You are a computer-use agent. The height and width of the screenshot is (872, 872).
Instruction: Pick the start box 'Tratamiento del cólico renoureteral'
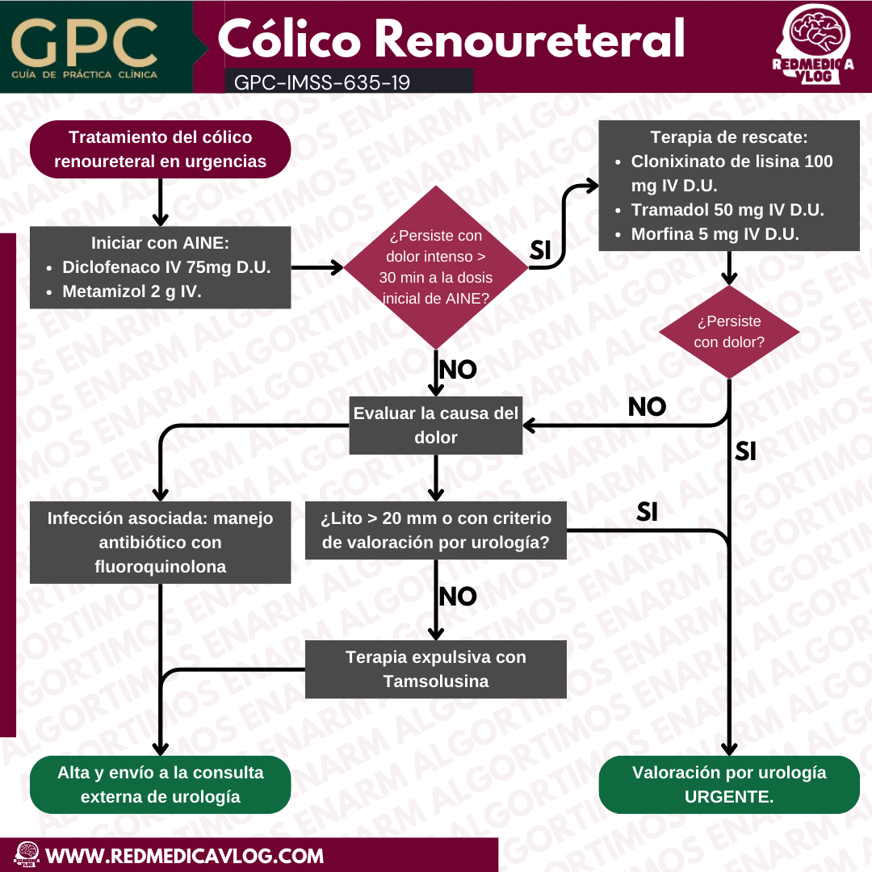(160, 149)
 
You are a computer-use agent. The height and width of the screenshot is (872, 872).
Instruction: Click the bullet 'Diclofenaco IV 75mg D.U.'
(166, 267)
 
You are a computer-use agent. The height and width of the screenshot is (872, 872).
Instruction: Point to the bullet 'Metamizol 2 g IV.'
(132, 291)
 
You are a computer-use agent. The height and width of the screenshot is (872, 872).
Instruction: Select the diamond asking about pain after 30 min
(436, 267)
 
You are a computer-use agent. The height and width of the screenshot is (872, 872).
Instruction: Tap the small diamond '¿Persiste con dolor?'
(729, 332)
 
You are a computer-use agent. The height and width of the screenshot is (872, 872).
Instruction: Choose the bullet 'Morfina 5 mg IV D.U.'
(715, 234)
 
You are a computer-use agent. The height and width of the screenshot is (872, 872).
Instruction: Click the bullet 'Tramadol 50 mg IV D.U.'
(727, 210)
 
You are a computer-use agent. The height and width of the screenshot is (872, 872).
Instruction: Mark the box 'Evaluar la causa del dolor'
(436, 426)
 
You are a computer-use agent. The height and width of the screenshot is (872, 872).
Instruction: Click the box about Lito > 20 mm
(436, 530)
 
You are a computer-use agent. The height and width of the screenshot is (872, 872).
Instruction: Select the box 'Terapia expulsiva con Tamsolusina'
(436, 669)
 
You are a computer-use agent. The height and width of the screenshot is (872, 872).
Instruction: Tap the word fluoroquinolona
(160, 567)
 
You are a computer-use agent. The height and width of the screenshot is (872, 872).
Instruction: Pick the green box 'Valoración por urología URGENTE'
(729, 785)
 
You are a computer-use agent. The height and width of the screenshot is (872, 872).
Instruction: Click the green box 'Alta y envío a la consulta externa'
(160, 785)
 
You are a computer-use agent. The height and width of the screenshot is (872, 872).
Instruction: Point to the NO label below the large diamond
(457, 370)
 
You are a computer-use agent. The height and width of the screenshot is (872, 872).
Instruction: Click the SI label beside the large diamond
(539, 251)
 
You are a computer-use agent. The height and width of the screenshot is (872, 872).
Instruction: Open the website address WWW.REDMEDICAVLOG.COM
(185, 856)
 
